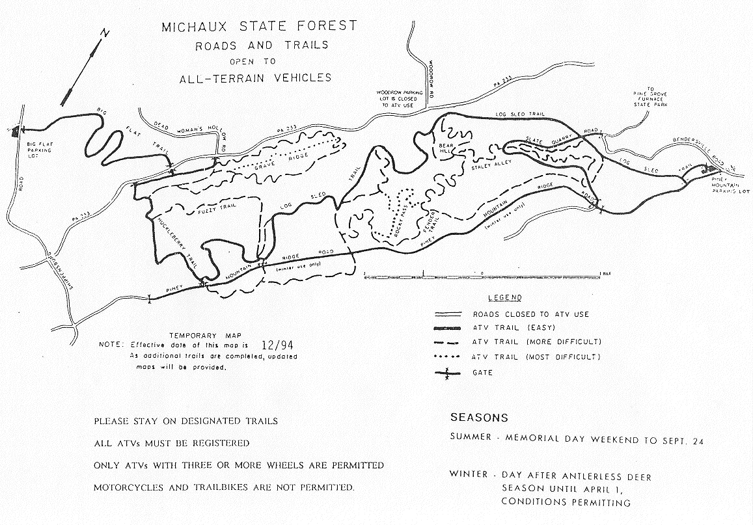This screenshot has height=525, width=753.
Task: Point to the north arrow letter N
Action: (x=105, y=33)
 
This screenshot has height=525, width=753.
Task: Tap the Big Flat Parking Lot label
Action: (x=40, y=148)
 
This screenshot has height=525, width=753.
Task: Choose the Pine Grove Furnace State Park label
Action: (x=644, y=103)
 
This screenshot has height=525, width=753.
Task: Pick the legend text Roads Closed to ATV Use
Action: (x=530, y=314)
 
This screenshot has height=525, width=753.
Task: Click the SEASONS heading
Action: (x=478, y=418)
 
